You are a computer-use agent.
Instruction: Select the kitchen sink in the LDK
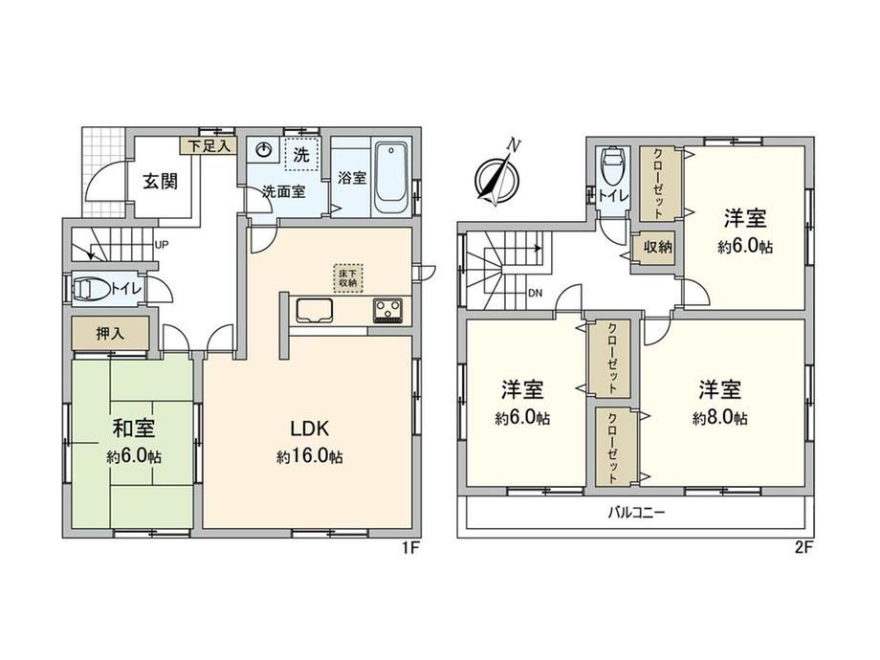pos(315,311)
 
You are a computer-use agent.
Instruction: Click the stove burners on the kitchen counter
pos(387,311)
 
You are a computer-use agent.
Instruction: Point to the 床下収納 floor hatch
pos(348,277)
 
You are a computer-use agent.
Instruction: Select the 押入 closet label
pos(110,334)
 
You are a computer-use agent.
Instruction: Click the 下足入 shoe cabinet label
pos(209,146)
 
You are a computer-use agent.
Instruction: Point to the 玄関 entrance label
pos(160,182)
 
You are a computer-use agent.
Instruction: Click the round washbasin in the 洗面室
pos(264,150)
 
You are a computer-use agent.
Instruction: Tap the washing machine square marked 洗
pos(302,154)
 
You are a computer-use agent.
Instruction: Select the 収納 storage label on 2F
pos(658,247)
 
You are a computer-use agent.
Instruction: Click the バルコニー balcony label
pos(637,513)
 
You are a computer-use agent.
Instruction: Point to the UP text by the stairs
pos(162,245)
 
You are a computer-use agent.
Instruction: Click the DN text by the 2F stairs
pos(536,293)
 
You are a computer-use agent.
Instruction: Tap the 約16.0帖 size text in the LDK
pos(309,457)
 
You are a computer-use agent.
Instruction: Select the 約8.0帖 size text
pos(720,418)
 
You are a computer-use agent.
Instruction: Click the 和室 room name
pos(134,429)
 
